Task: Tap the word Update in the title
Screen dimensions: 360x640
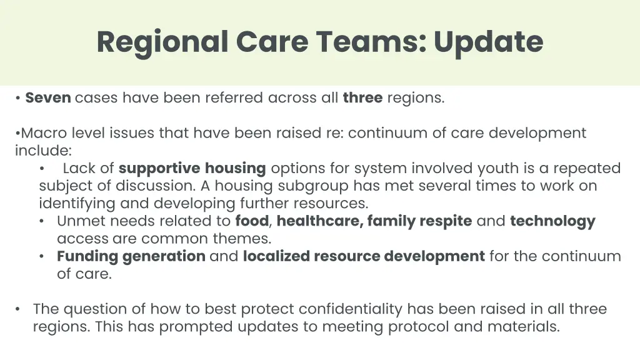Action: click(x=488, y=42)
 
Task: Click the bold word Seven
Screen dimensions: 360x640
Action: click(x=48, y=98)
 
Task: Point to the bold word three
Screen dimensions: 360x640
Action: click(x=362, y=98)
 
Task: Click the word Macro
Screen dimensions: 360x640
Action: click(x=44, y=133)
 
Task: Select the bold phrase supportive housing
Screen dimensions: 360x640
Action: click(x=192, y=168)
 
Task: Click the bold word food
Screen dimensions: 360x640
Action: click(x=251, y=221)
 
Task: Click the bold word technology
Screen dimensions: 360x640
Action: click(x=552, y=221)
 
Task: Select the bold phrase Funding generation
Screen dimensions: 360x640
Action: click(x=131, y=256)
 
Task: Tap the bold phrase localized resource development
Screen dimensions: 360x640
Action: click(x=364, y=256)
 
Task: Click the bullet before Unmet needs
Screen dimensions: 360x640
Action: click(x=41, y=221)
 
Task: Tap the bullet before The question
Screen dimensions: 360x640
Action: click(x=19, y=309)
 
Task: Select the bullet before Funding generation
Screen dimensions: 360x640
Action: click(x=41, y=256)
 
